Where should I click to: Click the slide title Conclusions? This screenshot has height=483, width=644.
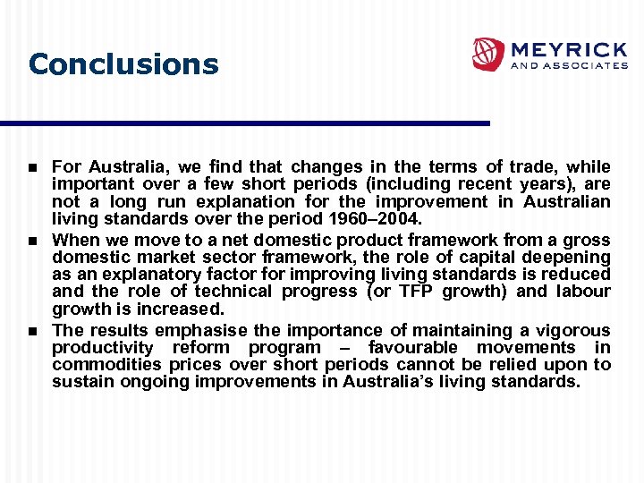[123, 64]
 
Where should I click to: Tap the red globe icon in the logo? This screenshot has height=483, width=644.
[488, 54]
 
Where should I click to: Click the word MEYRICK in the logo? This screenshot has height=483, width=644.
[568, 48]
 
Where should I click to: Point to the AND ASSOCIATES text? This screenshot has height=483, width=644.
[569, 65]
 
